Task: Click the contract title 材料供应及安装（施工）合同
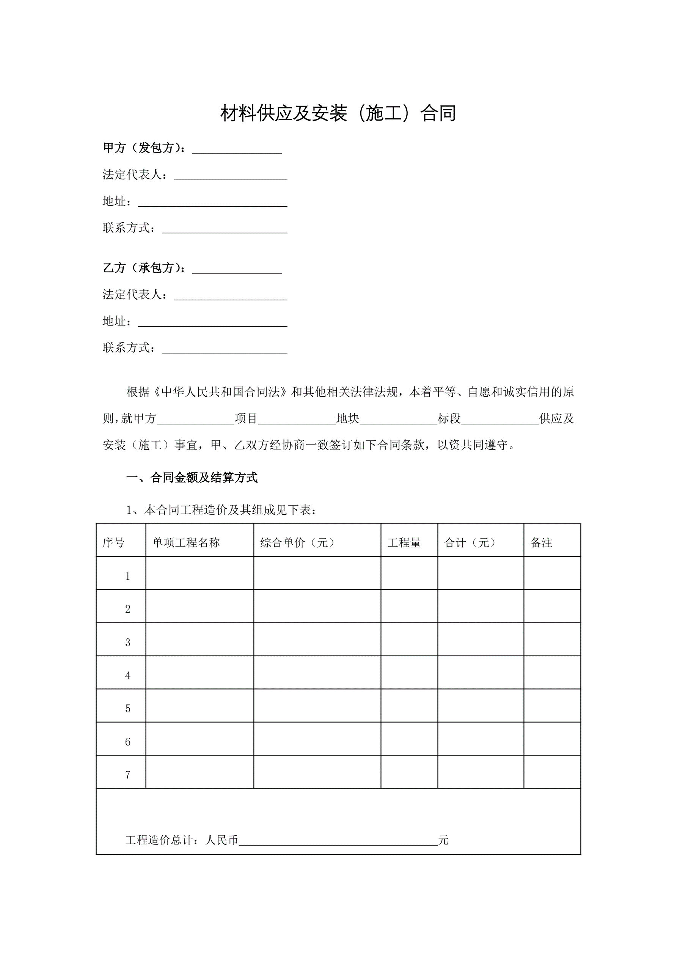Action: point(338,113)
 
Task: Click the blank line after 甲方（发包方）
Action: point(237,149)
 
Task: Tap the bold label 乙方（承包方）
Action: point(144,268)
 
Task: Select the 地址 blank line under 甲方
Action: point(213,203)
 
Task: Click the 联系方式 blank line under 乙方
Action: point(224,349)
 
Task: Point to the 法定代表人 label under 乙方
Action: point(135,295)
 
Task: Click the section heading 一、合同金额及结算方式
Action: point(192,478)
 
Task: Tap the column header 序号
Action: point(113,543)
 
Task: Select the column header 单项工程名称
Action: point(186,543)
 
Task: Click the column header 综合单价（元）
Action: point(297,543)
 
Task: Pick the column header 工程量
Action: point(404,543)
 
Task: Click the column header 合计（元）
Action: point(470,543)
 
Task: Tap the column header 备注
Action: point(541,543)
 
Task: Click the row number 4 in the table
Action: point(127,676)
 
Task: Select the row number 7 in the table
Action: point(127,775)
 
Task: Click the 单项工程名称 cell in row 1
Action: point(199,576)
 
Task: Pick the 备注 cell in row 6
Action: point(552,742)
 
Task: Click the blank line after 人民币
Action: point(338,841)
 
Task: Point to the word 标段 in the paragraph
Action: point(449,418)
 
